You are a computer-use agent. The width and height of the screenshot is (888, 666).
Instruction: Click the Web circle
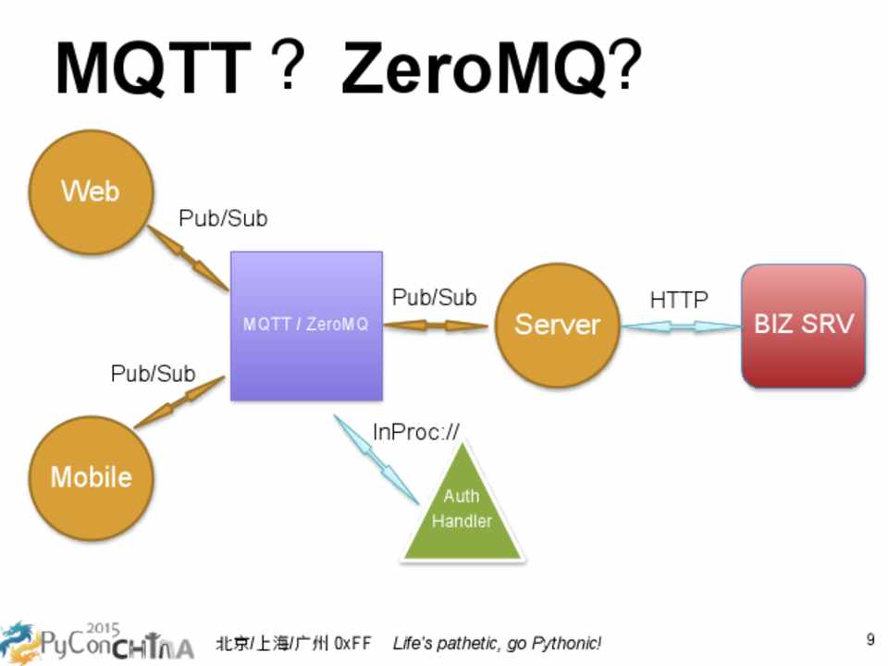click(x=91, y=192)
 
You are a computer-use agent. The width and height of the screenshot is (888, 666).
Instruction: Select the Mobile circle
click(x=91, y=477)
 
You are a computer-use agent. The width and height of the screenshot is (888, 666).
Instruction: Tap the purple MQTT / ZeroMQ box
click(x=306, y=326)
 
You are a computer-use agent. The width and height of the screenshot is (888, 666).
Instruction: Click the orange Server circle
click(x=557, y=325)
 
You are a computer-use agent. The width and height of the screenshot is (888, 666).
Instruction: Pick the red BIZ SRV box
click(x=803, y=325)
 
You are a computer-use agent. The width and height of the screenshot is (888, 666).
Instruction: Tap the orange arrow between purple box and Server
click(x=435, y=326)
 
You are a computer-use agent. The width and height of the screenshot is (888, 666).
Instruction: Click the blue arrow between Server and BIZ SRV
click(x=681, y=327)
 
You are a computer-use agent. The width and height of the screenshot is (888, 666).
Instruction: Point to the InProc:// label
click(x=415, y=432)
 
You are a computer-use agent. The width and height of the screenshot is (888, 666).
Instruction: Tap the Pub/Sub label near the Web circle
click(x=223, y=219)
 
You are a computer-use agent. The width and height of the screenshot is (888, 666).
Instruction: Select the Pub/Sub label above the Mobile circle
click(x=154, y=374)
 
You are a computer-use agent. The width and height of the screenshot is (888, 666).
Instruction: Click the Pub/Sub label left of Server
click(x=435, y=298)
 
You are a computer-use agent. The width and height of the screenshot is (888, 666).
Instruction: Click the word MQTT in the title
click(x=154, y=70)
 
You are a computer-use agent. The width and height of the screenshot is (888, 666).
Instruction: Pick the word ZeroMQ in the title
click(x=475, y=70)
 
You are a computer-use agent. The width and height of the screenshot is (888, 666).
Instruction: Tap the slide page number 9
click(x=870, y=639)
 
